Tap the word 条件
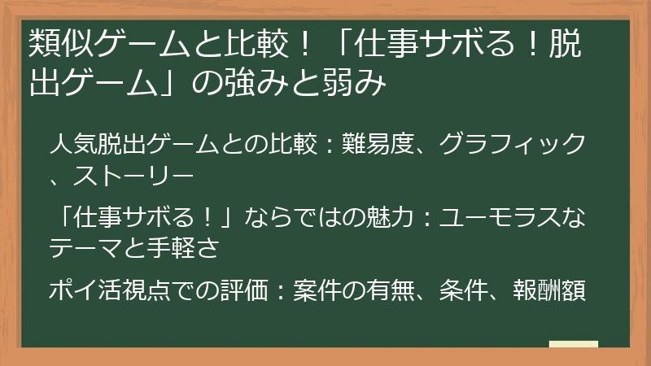coord(463,290)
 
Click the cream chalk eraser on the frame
coord(573,345)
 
